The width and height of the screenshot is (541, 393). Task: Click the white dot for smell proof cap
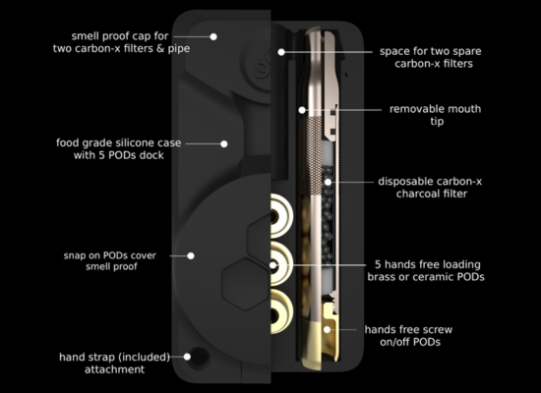pos(213,36)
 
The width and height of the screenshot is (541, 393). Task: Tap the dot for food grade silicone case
pos(224,143)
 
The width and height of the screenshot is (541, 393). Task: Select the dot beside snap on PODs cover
pos(191,255)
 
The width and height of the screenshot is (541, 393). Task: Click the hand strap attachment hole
pos(200,358)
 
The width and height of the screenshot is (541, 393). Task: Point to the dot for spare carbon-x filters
pos(281,52)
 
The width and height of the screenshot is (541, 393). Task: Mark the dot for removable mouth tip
pos(302,110)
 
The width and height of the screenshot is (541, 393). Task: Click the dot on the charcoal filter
pos(328,182)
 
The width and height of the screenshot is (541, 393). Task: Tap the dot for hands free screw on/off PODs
pos(328,329)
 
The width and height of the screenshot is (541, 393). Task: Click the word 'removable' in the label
pos(411,109)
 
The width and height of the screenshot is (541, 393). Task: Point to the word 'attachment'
pos(114,369)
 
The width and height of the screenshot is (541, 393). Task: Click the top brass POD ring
pos(282,216)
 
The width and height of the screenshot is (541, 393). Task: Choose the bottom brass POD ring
pos(282,311)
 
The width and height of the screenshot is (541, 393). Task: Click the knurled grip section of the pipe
pos(310,156)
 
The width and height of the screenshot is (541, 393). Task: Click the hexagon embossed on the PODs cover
pos(245,284)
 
